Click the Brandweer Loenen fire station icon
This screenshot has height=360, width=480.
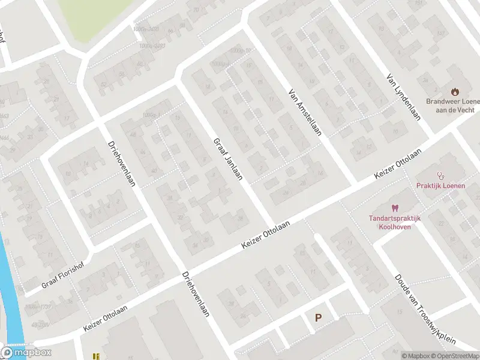click(455, 92)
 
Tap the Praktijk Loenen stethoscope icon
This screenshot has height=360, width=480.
click(441, 176)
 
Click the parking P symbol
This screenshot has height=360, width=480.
click(318, 319)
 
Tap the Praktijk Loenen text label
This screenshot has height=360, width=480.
click(441, 186)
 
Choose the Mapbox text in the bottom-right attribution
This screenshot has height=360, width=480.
click(417, 356)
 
